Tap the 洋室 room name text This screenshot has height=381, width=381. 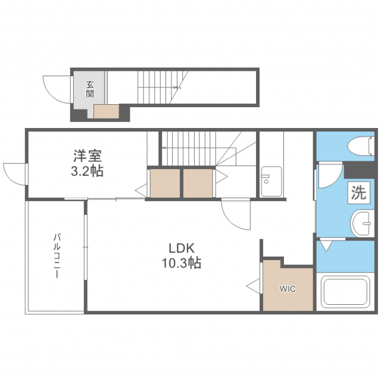pyautogui.click(x=88, y=157)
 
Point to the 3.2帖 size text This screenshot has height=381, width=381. pyautogui.click(x=88, y=172)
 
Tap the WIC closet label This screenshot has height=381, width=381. pyautogui.click(x=288, y=289)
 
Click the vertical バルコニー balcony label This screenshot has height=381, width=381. pyautogui.click(x=57, y=256)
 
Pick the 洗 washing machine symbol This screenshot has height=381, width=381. pyautogui.click(x=358, y=192)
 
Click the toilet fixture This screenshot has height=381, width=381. pyautogui.click(x=361, y=145)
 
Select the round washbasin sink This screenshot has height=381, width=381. pyautogui.click(x=361, y=222)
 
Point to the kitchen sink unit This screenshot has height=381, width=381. pyautogui.click(x=271, y=182)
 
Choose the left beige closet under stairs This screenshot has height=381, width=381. pyautogui.click(x=164, y=183)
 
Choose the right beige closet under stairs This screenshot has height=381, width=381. pyautogui.click(x=198, y=183)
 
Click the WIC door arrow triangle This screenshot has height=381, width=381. pyautogui.click(x=254, y=286)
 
